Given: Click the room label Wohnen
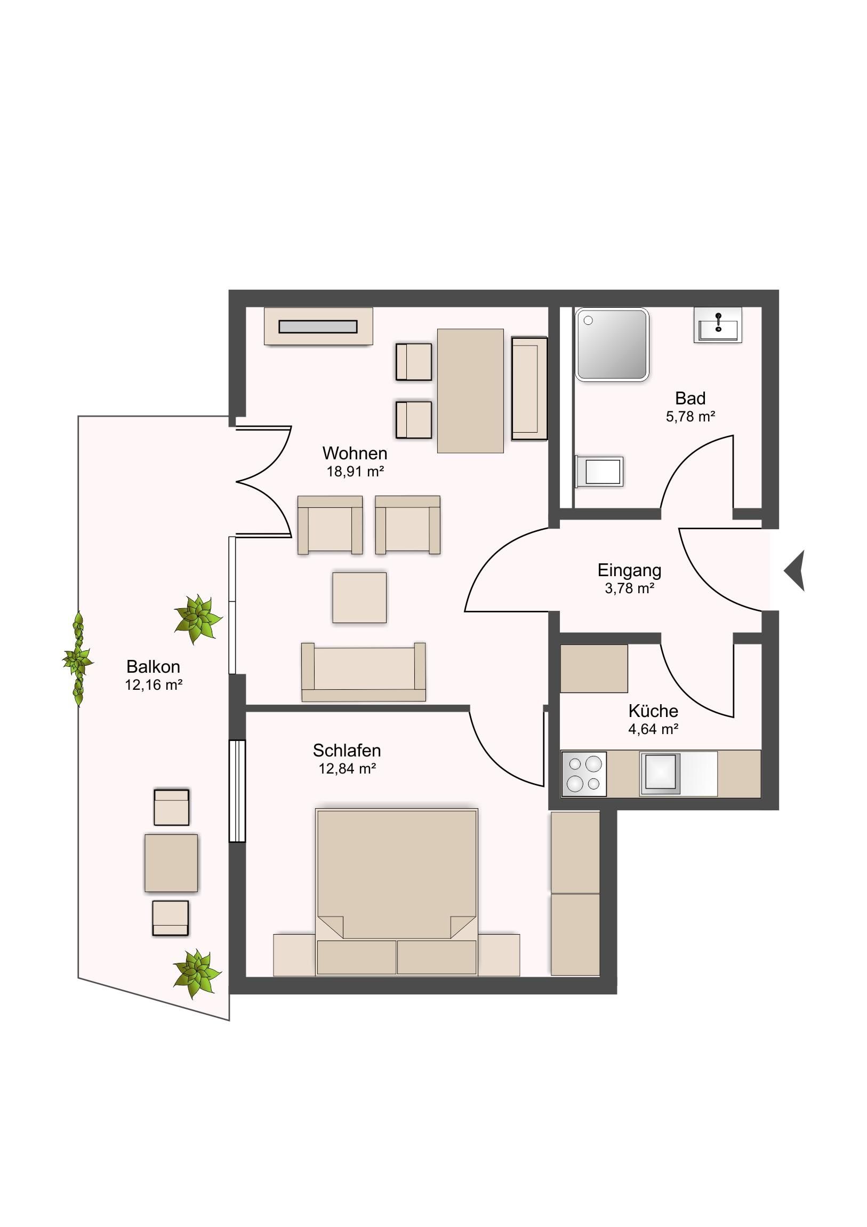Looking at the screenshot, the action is pos(355,453).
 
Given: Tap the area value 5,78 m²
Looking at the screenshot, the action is pos(690,416).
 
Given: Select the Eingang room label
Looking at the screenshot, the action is pos(629,571).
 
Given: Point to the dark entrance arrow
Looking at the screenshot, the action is pos(794,571).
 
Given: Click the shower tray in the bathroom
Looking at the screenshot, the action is pos(612,345).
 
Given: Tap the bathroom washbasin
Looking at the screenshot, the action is pos(718,324).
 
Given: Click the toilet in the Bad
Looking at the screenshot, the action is pos(599,472).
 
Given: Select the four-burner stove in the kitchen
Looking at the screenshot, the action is pos(583,775).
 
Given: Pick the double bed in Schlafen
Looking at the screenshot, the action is pos(396,892).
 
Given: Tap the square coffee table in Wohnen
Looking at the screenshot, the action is pos(359,597).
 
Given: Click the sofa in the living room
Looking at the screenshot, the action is pos(363,672).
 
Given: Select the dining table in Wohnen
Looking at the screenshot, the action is pos(470,391).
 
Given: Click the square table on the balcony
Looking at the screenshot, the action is pos(171,863).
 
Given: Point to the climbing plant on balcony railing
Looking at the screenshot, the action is pos(78,659).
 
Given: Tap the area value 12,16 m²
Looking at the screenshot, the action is pos(154,684).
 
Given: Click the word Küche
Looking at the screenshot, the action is pos(653,711).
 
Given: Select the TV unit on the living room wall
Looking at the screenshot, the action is pos(318,326).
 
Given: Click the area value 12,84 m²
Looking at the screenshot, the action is pos(347,769).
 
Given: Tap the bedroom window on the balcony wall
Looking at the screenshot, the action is pos(237,791).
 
